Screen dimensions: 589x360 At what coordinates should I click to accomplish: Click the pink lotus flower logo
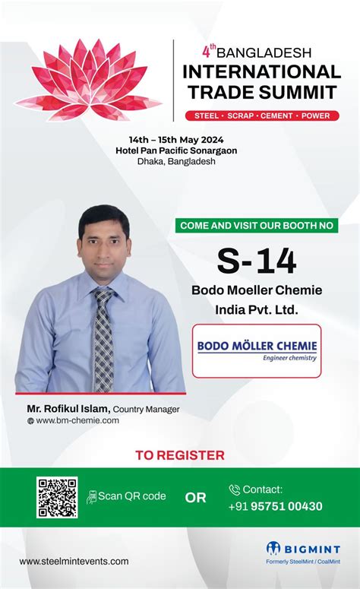(x=90, y=80)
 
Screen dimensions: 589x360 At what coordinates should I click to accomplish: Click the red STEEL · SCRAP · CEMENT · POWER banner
(x=262, y=116)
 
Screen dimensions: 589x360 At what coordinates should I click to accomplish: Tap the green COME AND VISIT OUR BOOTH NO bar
(x=257, y=225)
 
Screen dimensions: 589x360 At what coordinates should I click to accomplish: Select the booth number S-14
(x=257, y=261)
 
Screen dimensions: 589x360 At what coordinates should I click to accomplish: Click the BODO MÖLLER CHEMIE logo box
(x=257, y=350)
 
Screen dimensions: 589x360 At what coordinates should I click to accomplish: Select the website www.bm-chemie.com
(x=77, y=420)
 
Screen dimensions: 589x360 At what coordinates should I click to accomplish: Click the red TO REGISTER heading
(x=180, y=455)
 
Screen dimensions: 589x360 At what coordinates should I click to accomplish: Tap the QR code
(x=57, y=497)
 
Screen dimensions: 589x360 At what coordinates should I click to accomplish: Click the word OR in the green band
(x=195, y=499)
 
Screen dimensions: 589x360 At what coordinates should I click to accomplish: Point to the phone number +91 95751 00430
(x=276, y=506)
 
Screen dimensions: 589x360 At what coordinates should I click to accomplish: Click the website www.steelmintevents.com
(x=74, y=561)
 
